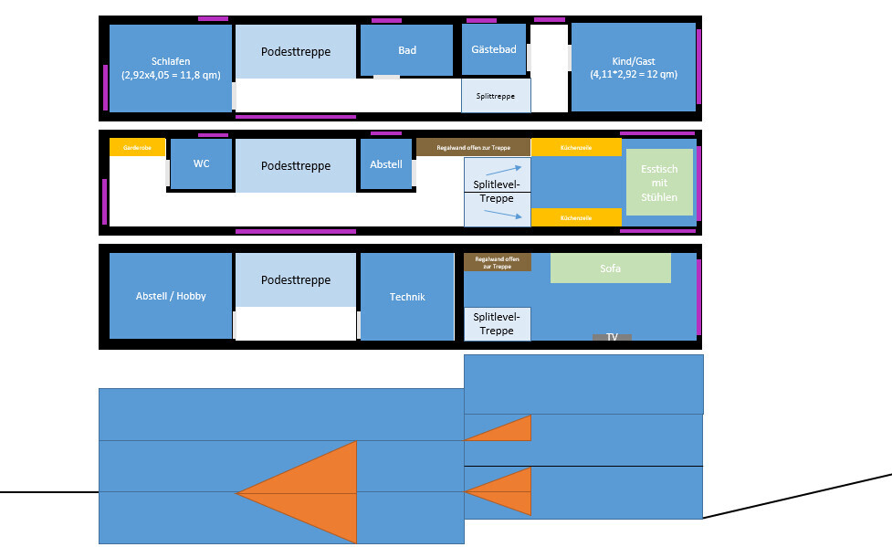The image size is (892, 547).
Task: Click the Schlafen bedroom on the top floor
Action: [x=170, y=68]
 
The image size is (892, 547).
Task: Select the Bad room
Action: [x=406, y=50]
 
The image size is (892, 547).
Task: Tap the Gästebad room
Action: [x=495, y=48]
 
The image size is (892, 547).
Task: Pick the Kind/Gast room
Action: [x=634, y=67]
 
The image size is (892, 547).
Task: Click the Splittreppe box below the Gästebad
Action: [x=496, y=96]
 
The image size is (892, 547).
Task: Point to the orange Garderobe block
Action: [x=137, y=147]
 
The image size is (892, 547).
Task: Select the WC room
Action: [x=201, y=163]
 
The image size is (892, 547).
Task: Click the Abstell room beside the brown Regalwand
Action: [x=386, y=164]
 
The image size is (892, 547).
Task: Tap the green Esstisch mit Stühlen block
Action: [x=659, y=183]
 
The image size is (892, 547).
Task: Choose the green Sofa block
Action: [x=610, y=268]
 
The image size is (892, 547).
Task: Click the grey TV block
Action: [x=612, y=337]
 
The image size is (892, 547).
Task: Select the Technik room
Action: [x=407, y=297]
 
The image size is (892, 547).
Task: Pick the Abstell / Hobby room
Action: [x=170, y=296]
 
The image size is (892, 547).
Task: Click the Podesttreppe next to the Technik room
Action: [x=295, y=280]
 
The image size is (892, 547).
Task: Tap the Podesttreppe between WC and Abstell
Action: [x=295, y=166]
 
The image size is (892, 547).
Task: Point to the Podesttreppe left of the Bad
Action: [x=295, y=52]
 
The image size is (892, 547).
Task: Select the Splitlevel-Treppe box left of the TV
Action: [x=497, y=324]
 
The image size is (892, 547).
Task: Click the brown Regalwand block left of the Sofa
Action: [x=497, y=262]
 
